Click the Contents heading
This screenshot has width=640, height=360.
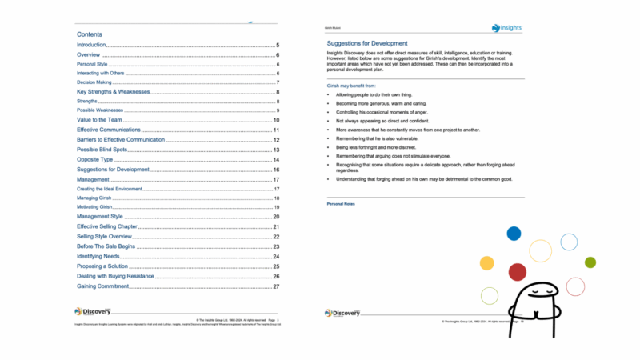[x=89, y=35]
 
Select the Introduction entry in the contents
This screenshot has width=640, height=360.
[x=91, y=46]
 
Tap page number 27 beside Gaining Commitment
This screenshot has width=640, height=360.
[x=276, y=286]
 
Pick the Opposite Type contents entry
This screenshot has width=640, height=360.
[x=95, y=160]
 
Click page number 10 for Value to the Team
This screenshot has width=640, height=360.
[x=276, y=119]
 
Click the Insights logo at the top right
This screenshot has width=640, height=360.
[x=506, y=28]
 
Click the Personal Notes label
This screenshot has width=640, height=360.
[x=342, y=204]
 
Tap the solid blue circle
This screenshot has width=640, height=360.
[x=514, y=234]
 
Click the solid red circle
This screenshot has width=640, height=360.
[x=518, y=271]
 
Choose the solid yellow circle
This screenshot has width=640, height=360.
[x=486, y=263]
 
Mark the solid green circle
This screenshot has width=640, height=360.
[x=590, y=262]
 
